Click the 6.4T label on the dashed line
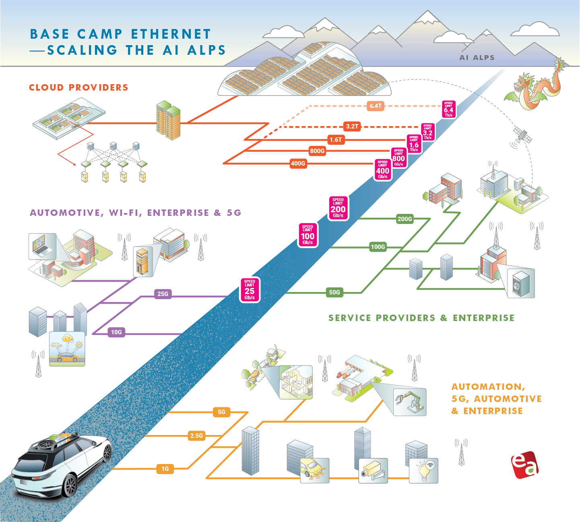pos(376,106)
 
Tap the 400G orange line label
pos(298,164)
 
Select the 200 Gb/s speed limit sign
pos(338,208)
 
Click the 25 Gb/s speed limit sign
pos(250,290)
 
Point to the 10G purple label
pos(116,332)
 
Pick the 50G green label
pos(334,292)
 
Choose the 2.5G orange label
pos(196,435)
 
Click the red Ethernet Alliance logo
pos(524,465)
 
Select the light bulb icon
pos(424,471)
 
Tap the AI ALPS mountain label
pos(477,58)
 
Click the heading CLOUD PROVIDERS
pos(78,87)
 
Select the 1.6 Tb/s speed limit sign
pos(414,144)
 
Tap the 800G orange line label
pos(317,151)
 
